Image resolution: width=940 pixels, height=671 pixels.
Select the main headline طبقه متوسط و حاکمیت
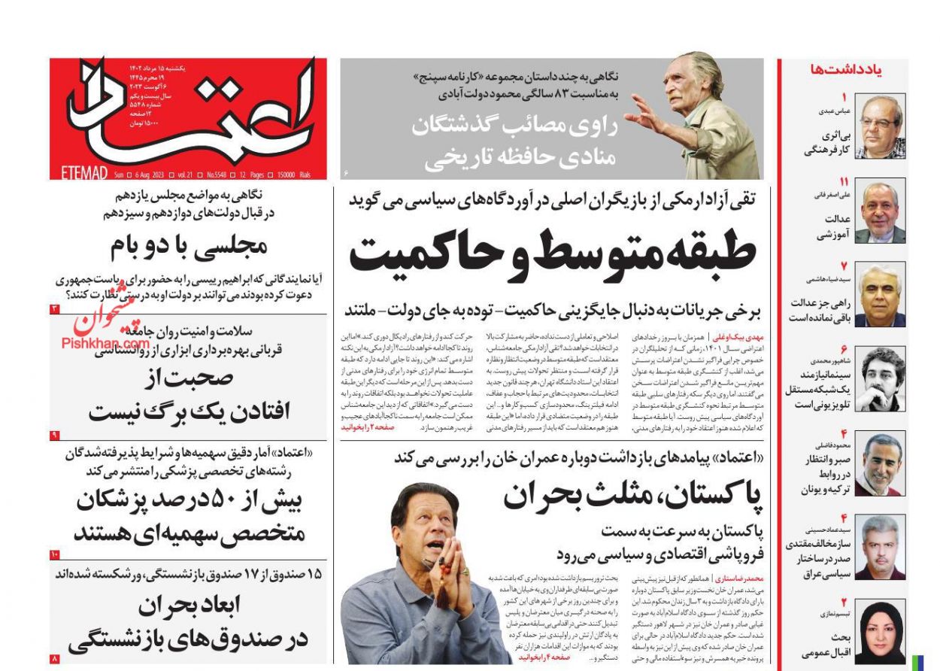pyautogui.click(x=553, y=251)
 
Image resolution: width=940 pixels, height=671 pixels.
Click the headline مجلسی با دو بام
pyautogui.click(x=188, y=246)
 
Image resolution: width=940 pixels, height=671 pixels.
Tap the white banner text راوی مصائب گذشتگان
pyautogui.click(x=514, y=126)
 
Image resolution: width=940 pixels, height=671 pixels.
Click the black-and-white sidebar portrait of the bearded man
pyautogui.click(x=880, y=380)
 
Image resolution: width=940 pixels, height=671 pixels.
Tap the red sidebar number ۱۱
pyautogui.click(x=844, y=182)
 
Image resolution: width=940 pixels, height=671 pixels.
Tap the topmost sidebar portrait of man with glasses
pyautogui.click(x=880, y=126)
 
